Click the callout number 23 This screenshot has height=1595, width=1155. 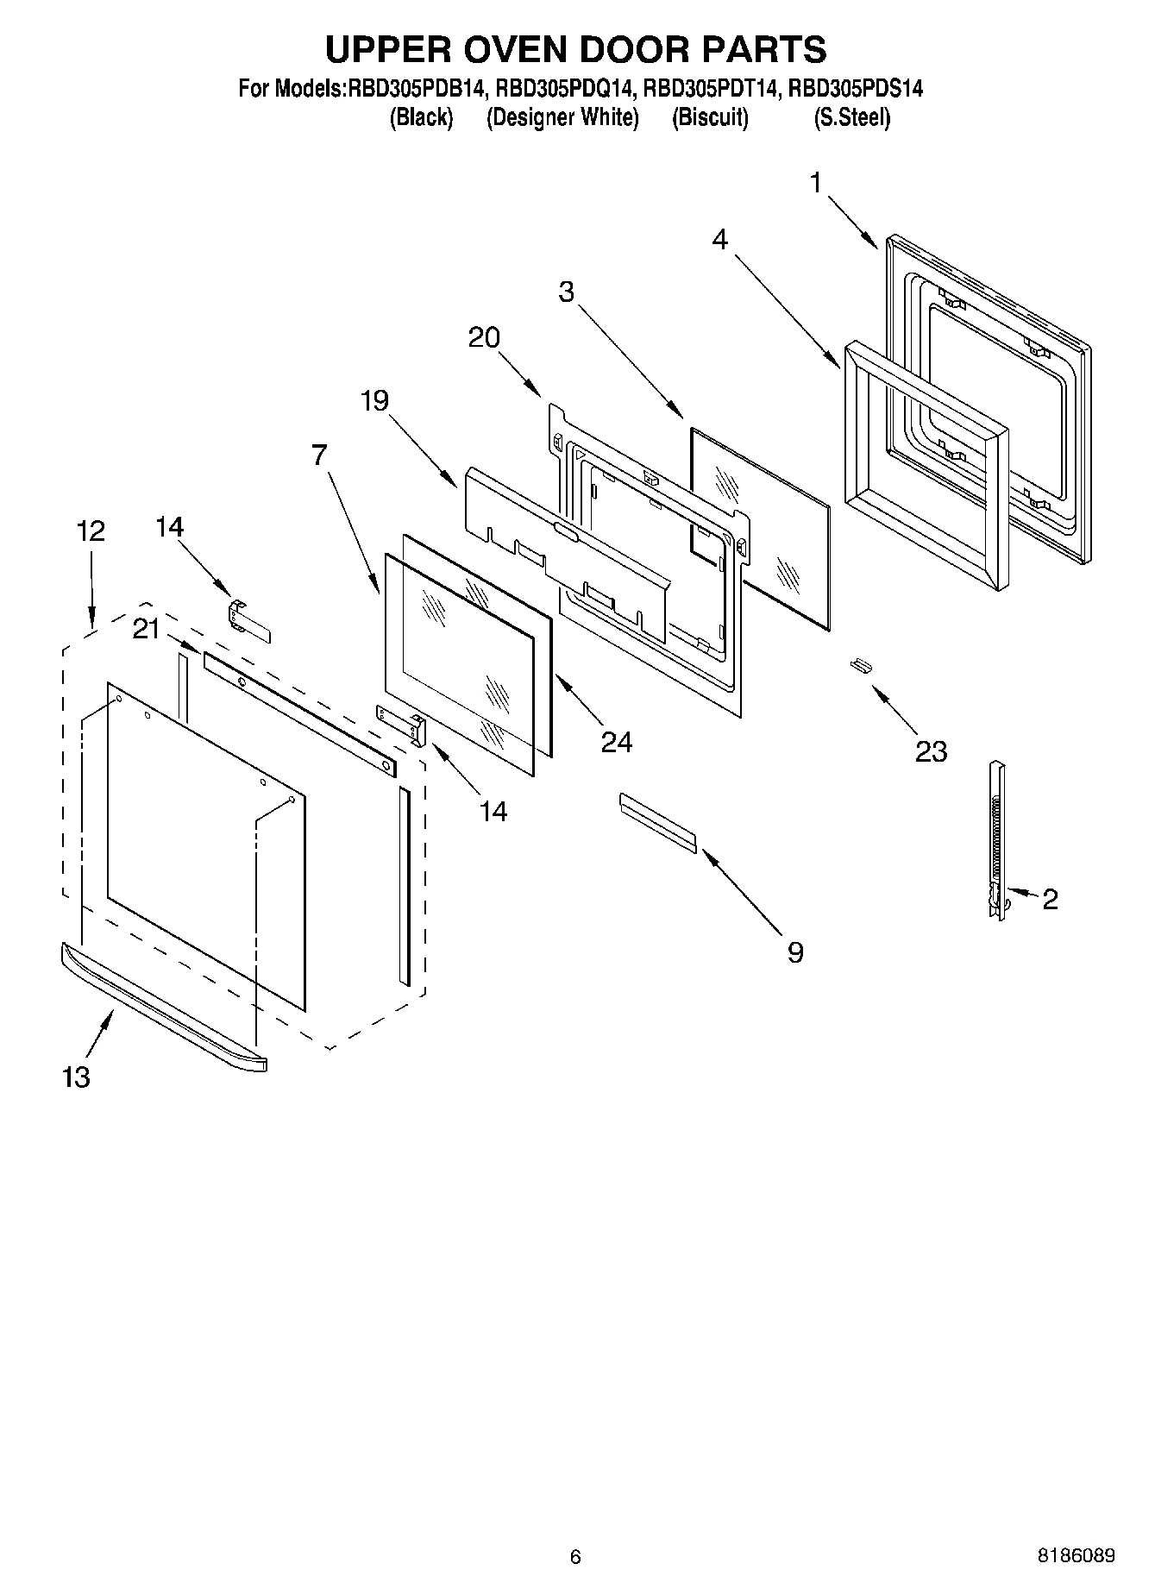click(932, 751)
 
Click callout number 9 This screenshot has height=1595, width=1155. click(794, 952)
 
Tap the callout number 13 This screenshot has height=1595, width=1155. click(76, 1077)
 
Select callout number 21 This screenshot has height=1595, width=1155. click(147, 630)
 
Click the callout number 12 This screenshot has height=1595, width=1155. click(91, 531)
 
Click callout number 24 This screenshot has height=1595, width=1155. click(616, 742)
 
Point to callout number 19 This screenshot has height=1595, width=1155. click(374, 400)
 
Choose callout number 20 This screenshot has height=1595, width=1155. click(484, 337)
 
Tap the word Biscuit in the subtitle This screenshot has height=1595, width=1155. click(710, 117)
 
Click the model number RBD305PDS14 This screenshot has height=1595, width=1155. click(856, 88)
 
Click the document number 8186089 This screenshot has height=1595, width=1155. click(1076, 1556)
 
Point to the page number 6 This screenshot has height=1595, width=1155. click(575, 1557)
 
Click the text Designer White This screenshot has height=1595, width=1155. click(562, 117)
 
